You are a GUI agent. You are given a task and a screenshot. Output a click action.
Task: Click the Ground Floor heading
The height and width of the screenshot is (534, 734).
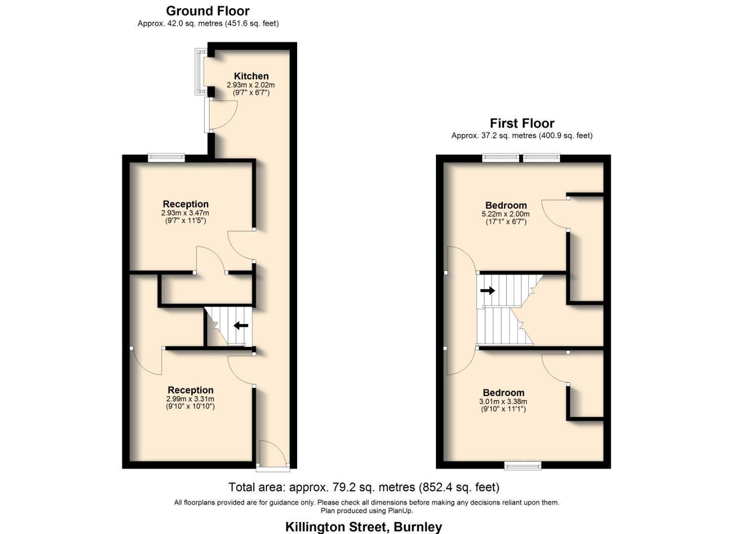(x=208, y=11)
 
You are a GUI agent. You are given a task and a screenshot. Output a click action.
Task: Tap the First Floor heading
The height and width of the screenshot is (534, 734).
(x=522, y=123)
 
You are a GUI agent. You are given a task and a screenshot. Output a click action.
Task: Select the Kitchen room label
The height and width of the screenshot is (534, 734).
(x=251, y=76)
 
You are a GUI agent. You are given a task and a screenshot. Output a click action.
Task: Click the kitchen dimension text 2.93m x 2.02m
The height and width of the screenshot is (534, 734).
(x=251, y=85)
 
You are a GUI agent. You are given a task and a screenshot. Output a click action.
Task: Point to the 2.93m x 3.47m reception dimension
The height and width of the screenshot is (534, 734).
(x=185, y=213)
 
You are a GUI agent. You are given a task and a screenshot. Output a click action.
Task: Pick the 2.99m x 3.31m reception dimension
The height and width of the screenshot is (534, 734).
(x=190, y=399)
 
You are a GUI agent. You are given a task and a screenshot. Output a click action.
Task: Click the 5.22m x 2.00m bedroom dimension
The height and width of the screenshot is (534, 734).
(x=506, y=214)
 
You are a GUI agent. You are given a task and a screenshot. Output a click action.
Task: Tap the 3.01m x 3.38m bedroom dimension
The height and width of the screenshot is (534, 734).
(x=503, y=401)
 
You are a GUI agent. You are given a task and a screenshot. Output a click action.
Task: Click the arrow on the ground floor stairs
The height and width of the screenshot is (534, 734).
(x=241, y=325)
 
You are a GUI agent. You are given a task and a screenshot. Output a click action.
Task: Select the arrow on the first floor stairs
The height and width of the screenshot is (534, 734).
(x=487, y=290)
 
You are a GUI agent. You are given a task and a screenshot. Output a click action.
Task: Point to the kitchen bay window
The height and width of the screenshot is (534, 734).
(x=199, y=72)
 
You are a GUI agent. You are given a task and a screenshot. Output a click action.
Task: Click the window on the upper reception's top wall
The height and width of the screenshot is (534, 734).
(x=167, y=158)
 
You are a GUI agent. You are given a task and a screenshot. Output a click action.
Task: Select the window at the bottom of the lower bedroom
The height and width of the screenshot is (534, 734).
(x=522, y=465)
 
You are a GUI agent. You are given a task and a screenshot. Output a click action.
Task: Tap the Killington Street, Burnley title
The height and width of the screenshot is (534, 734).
(x=363, y=527)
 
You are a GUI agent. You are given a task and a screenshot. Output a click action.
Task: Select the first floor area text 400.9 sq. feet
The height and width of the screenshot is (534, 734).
(x=566, y=135)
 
